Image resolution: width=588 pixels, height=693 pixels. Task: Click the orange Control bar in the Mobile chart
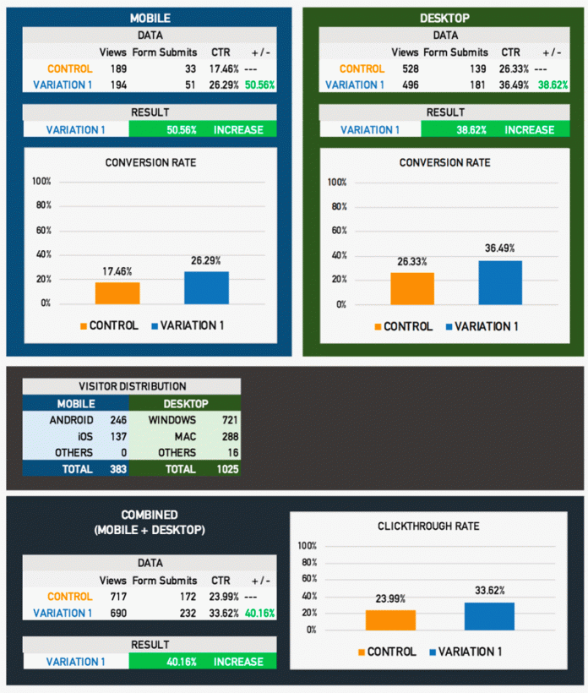coord(117,292)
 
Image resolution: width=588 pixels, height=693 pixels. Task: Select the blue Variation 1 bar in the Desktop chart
coord(500,282)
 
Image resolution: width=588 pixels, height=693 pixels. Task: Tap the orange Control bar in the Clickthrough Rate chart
coord(390,619)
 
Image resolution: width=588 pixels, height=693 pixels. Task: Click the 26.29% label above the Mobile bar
coord(206,260)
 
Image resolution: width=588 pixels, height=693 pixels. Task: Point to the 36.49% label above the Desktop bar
coord(500,248)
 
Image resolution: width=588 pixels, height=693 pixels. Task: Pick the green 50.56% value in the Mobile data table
coord(259,85)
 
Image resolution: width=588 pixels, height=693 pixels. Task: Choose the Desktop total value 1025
coord(226,469)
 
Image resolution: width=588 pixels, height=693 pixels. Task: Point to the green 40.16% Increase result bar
coord(202,662)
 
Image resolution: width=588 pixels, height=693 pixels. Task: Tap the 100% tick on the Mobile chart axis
coord(41,181)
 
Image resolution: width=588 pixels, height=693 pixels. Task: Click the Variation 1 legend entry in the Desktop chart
coord(482,327)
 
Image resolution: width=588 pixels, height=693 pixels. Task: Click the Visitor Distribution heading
coord(131,385)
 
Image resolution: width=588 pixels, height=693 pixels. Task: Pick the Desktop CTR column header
coord(510,52)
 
